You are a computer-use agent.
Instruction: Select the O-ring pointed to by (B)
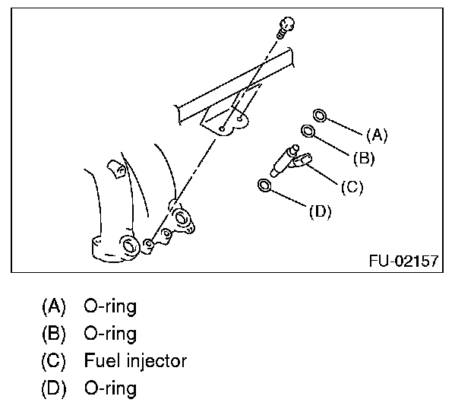tap(309, 132)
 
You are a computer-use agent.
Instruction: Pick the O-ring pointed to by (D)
tap(264, 185)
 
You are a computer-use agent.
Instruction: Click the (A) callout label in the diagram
tap(377, 135)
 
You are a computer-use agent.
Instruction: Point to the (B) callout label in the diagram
tap(364, 158)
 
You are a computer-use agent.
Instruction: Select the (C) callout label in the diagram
tap(351, 186)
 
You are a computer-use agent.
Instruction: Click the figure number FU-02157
tap(403, 261)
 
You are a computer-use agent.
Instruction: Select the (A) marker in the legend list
tap(55, 306)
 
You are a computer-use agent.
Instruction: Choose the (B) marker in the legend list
tap(55, 333)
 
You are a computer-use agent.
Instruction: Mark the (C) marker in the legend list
tap(55, 360)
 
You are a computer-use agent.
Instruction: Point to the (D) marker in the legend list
tap(55, 388)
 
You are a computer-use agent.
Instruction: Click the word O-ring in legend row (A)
tap(111, 306)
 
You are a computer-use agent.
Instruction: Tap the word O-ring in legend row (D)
tap(111, 388)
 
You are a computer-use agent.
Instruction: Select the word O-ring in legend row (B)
tap(111, 333)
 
